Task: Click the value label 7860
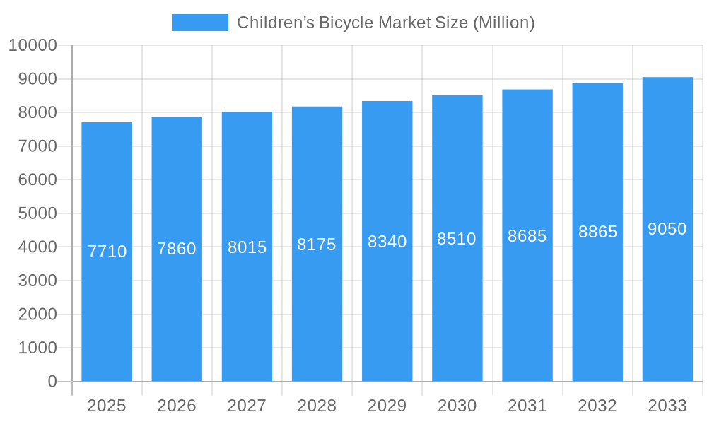177,249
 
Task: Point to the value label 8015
247,247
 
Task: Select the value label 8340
387,242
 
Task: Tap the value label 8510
457,239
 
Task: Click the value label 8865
597,232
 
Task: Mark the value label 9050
667,229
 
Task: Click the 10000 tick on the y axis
33,45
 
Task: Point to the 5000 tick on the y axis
37,213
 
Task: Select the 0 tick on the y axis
52,382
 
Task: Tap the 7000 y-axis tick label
37,146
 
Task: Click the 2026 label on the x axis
177,406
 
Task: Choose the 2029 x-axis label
387,406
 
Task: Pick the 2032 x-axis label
597,406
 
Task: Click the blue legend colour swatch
200,23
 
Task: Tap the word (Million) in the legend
503,23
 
